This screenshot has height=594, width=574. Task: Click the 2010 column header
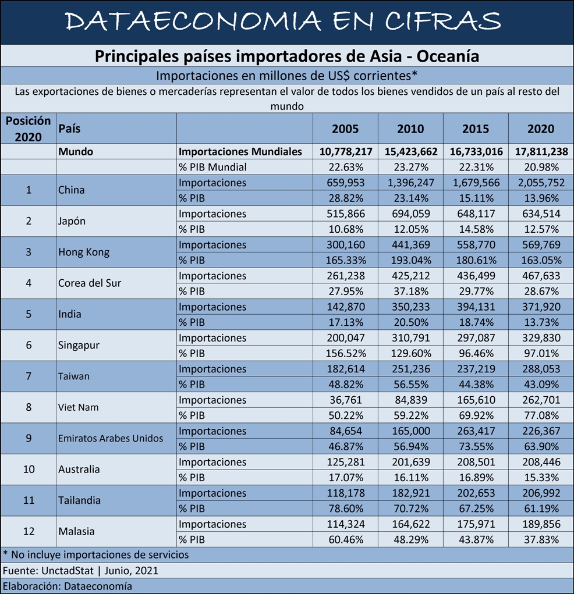(410, 129)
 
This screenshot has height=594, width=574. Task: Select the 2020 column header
(541, 129)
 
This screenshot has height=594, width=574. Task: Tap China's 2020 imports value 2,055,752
(541, 183)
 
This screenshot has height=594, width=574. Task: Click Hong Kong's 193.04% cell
(411, 260)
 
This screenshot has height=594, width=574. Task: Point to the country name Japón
(72, 221)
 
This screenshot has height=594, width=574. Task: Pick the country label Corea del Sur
(90, 283)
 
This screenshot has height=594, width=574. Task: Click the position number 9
(29, 438)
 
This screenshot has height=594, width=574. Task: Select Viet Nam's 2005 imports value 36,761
(345, 400)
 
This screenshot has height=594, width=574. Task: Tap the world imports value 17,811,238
(541, 151)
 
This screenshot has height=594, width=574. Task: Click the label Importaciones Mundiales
(240, 151)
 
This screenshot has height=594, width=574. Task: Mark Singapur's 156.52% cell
(346, 354)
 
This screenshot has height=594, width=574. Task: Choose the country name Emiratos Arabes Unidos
(111, 438)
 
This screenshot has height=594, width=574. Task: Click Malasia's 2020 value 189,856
(541, 524)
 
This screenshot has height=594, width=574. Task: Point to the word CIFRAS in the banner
(443, 21)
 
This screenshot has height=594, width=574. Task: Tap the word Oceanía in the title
(448, 56)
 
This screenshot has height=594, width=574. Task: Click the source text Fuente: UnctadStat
(48, 571)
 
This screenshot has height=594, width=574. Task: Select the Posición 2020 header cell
(28, 129)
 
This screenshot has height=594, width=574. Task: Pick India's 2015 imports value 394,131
(476, 307)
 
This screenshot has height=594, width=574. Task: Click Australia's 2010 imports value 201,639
(411, 462)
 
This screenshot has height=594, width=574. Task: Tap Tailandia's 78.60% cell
(346, 508)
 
